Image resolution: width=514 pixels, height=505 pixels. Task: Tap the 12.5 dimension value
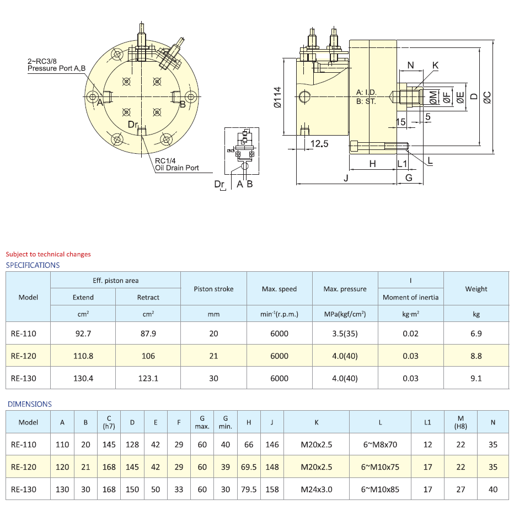pyautogui.click(x=319, y=143)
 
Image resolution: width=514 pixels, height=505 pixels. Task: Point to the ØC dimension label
pyautogui.click(x=487, y=97)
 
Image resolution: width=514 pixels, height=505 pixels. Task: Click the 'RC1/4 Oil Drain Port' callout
pyautogui.click(x=176, y=164)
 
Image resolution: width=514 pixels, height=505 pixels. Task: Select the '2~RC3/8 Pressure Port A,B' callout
pyautogui.click(x=57, y=65)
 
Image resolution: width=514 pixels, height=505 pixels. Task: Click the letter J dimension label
pyautogui.click(x=346, y=178)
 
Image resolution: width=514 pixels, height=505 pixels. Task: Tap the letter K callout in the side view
pyautogui.click(x=435, y=65)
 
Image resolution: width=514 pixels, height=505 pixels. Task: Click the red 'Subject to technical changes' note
pyautogui.click(x=48, y=254)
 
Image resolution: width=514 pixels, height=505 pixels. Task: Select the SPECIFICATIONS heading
pyautogui.click(x=33, y=265)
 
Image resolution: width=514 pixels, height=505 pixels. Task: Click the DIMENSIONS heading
pyautogui.click(x=30, y=404)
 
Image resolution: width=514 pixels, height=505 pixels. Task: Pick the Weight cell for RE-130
pyautogui.click(x=476, y=378)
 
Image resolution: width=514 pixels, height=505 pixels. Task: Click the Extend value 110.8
pyautogui.click(x=83, y=356)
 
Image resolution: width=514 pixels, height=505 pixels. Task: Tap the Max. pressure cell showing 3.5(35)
pyautogui.click(x=345, y=334)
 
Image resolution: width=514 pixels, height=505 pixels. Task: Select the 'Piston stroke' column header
pyautogui.click(x=213, y=289)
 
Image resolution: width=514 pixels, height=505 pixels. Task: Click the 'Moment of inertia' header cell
pyautogui.click(x=410, y=297)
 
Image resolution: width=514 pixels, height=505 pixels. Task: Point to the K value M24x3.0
pyautogui.click(x=317, y=489)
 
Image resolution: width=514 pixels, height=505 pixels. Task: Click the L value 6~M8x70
pyautogui.click(x=379, y=444)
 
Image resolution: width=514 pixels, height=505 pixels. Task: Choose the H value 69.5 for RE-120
pyautogui.click(x=249, y=467)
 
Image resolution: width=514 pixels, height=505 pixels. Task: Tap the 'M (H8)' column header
pyautogui.click(x=461, y=422)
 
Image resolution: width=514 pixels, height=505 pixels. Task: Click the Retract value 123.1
pyautogui.click(x=148, y=378)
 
